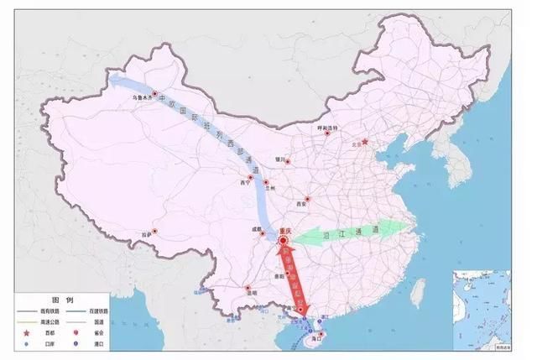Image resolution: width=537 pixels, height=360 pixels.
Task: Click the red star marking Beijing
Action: tap(364, 143)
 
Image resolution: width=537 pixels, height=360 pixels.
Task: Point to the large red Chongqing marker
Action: tap(284, 239)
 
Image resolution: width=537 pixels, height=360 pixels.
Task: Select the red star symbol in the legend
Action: tap(29, 332)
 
